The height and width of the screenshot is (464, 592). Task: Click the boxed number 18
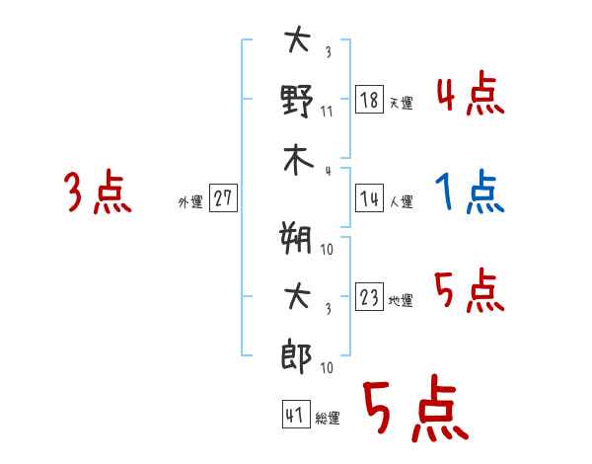point(369,100)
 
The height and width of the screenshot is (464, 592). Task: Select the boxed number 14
point(369,199)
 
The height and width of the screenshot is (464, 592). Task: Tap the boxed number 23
point(369,298)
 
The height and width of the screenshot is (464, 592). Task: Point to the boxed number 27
point(223,198)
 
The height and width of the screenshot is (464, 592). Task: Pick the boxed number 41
point(294,416)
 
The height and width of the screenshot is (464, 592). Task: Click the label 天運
point(401,103)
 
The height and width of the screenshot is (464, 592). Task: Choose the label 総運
point(328,419)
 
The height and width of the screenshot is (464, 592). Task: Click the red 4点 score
point(470,95)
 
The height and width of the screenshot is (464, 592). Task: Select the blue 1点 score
point(470,193)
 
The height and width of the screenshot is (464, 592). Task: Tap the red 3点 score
point(98,193)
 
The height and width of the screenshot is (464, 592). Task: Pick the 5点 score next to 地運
point(469,292)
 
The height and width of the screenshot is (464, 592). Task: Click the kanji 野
point(297,101)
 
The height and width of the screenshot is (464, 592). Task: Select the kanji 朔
point(297,239)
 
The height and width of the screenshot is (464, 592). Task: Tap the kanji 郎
point(297,354)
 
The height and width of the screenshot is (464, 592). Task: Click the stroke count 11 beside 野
point(327,112)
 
